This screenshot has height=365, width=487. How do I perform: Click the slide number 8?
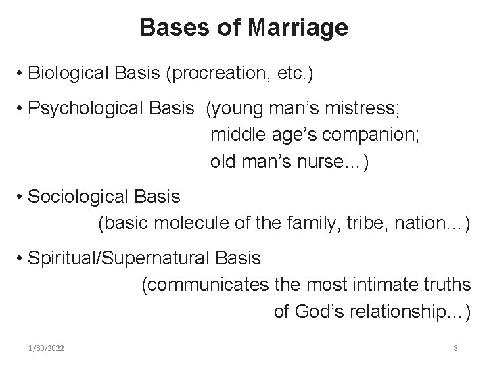pyautogui.click(x=455, y=348)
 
